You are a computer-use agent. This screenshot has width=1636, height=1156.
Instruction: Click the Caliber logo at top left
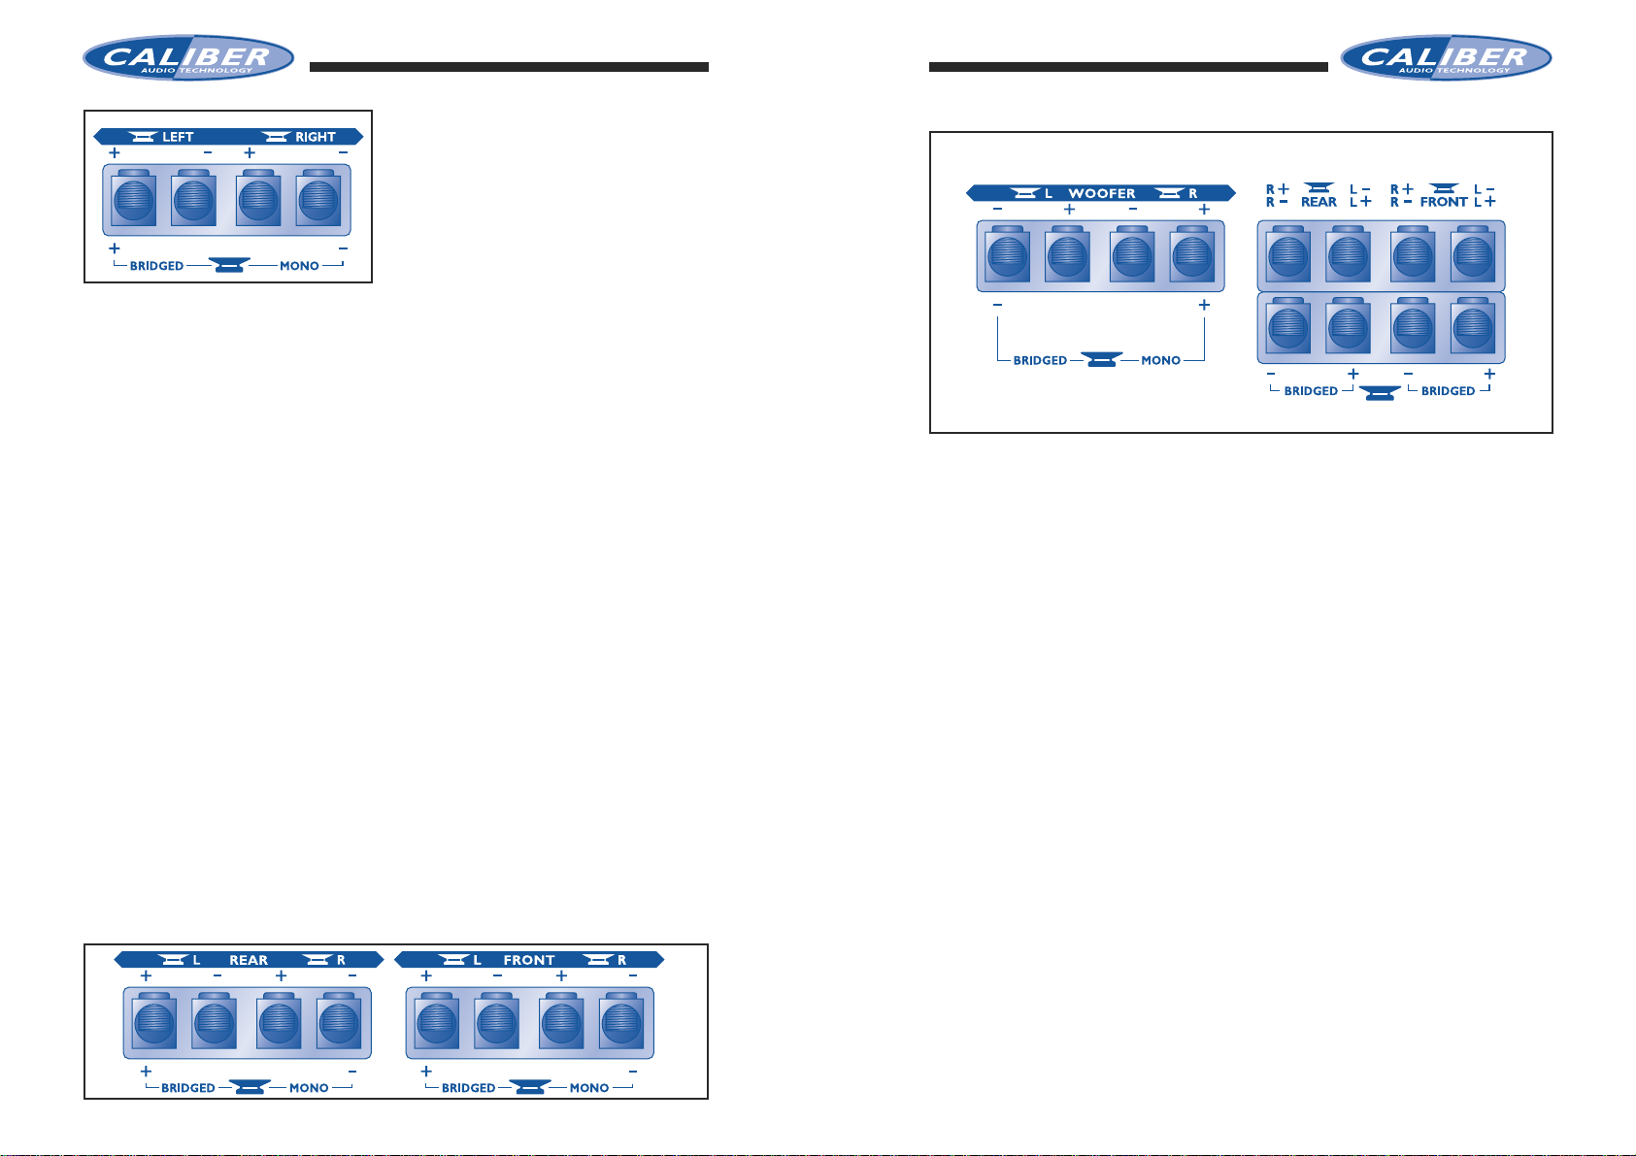(x=188, y=57)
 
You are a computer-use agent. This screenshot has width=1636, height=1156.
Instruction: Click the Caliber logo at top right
(x=1446, y=57)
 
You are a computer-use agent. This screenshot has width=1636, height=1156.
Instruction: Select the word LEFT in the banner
(x=178, y=137)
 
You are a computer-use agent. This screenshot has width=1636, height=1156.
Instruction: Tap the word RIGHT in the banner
(x=315, y=137)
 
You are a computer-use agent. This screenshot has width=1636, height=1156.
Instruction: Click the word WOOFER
(x=1101, y=193)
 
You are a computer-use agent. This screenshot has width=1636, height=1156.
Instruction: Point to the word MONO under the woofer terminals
(x=1160, y=361)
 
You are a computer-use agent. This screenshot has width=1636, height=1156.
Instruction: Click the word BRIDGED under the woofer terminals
(x=1040, y=361)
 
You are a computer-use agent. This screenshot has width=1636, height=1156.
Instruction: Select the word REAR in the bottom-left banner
(x=249, y=960)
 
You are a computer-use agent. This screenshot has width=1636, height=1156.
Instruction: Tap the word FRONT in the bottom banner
(x=529, y=960)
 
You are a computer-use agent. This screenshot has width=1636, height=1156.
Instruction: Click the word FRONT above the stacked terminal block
(x=1444, y=202)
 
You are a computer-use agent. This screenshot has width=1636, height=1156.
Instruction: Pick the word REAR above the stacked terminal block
(x=1319, y=202)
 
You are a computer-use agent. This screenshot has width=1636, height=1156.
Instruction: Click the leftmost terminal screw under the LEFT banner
(x=134, y=199)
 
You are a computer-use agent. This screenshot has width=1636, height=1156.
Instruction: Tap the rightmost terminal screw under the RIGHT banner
(x=318, y=199)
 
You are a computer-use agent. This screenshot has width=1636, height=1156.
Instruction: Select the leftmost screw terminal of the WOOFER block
(x=1007, y=255)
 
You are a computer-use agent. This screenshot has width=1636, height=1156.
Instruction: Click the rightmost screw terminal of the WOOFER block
(x=1192, y=255)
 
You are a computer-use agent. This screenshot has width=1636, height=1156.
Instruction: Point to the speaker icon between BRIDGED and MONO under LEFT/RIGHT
(x=229, y=264)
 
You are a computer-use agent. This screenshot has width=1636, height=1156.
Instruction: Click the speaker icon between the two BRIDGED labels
(x=1379, y=393)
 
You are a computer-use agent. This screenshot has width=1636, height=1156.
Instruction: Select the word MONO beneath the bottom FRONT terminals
(x=588, y=1088)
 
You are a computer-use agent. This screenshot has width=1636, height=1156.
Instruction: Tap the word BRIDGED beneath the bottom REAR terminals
(x=187, y=1088)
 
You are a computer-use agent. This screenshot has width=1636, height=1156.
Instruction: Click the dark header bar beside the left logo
(x=509, y=67)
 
